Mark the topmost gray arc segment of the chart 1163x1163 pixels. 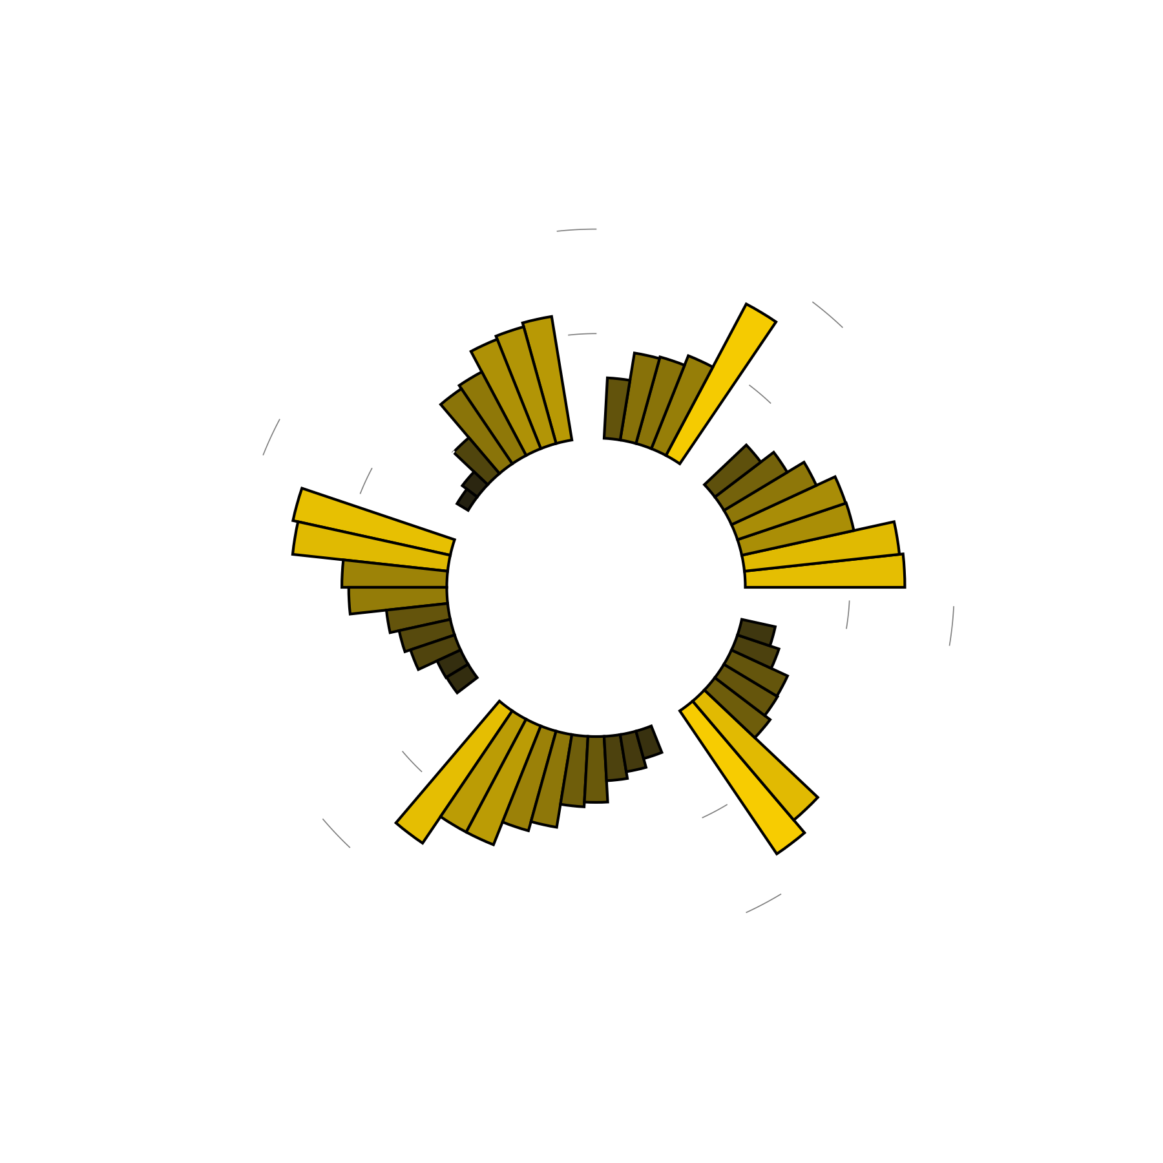click(x=576, y=229)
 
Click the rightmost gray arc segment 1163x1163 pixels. click(x=952, y=626)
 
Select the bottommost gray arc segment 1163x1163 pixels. click(x=764, y=903)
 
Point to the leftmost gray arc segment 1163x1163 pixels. click(x=271, y=437)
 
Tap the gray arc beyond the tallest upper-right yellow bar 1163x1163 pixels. click(x=828, y=314)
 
